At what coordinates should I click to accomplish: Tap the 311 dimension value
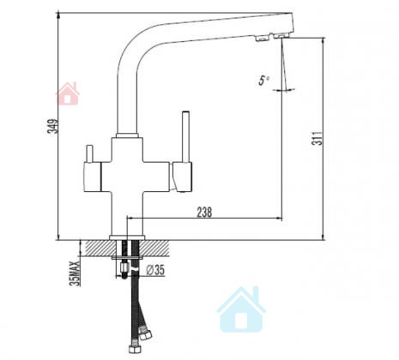[317, 139]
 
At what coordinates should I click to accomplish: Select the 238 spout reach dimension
[204, 213]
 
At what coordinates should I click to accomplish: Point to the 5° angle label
[263, 81]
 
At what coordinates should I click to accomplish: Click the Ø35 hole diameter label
[155, 270]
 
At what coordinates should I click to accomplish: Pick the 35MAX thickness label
[76, 273]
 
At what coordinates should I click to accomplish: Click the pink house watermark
[68, 93]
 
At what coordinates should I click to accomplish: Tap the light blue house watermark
[241, 310]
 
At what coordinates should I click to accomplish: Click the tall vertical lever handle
[186, 136]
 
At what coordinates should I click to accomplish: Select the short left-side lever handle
[89, 154]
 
